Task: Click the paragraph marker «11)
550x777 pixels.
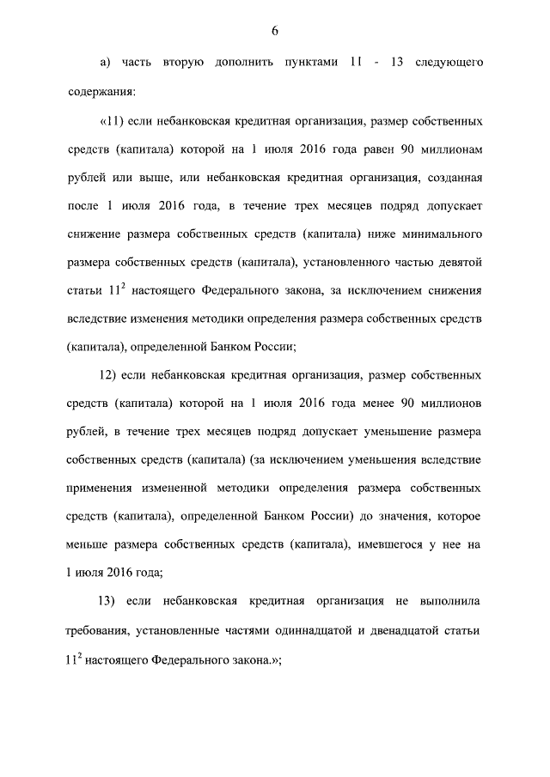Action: pos(114,122)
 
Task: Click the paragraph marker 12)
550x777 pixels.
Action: pos(108,375)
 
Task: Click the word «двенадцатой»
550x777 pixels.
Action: pos(398,631)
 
